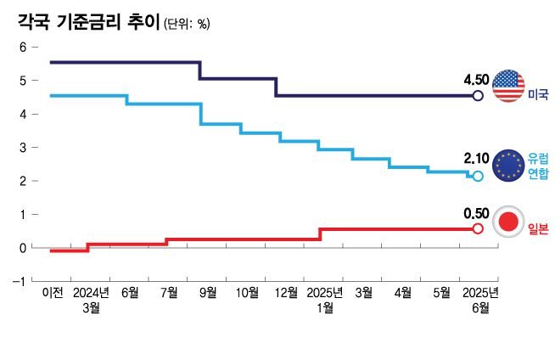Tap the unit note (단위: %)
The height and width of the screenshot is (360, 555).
point(186,25)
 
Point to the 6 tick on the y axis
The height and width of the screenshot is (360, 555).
point(23,47)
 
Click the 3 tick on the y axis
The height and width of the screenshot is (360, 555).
point(23,147)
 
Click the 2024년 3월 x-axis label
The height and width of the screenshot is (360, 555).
point(91,300)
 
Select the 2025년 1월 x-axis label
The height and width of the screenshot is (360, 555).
point(324,300)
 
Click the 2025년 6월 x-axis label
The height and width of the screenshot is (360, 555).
point(479,300)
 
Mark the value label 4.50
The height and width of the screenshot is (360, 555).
point(476,80)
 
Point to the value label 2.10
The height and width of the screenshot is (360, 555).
point(476,159)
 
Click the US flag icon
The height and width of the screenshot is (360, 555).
point(509,87)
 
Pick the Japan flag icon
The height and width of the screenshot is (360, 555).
point(509,223)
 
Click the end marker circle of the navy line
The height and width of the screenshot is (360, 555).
point(478,96)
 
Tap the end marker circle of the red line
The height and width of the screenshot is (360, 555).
point(478,228)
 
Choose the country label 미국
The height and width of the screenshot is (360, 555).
point(538,93)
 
